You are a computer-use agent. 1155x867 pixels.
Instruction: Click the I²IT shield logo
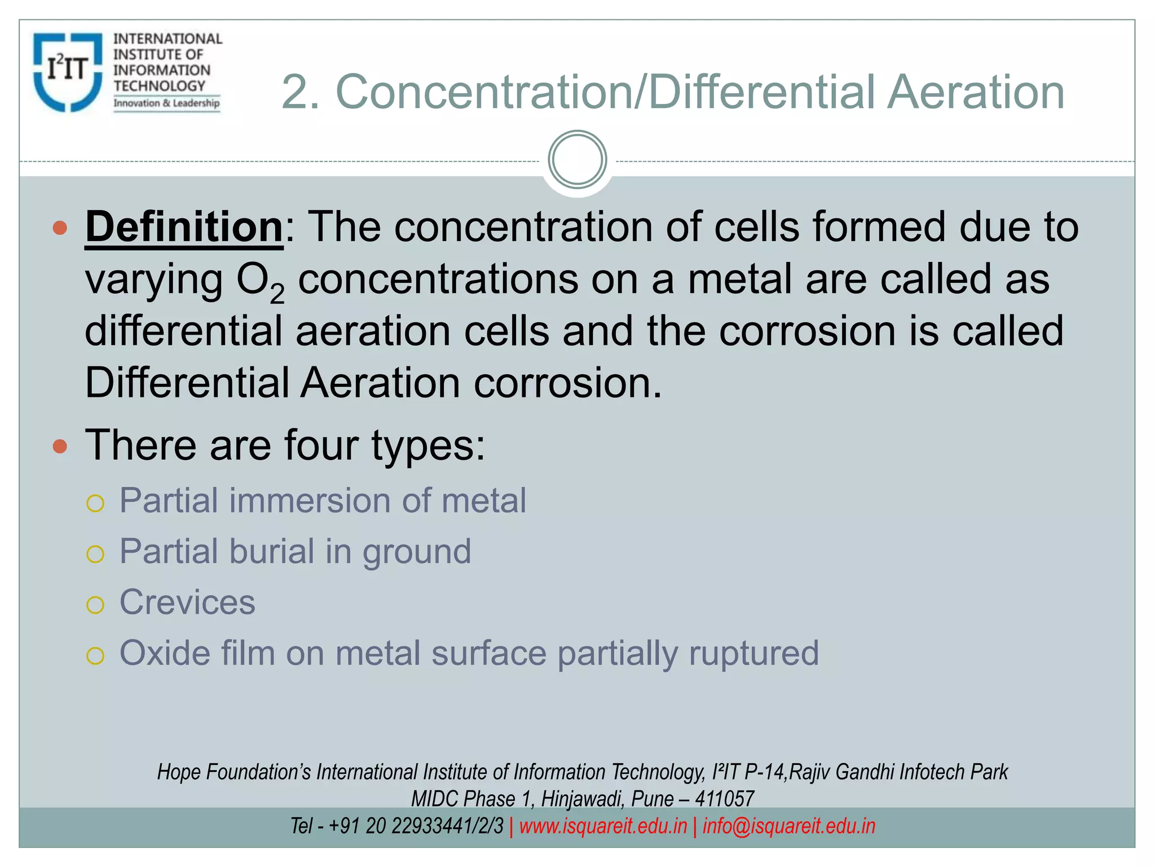tap(68, 72)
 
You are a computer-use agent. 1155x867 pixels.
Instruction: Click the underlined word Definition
tap(184, 227)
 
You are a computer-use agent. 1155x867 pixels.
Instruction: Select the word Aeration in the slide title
tap(976, 92)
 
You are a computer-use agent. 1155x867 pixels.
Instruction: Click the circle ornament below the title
tap(577, 160)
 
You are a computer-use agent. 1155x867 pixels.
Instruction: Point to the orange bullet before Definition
tap(60, 228)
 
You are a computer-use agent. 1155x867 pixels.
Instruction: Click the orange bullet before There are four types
tap(60, 446)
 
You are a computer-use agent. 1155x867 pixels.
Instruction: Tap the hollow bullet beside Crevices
tap(95, 605)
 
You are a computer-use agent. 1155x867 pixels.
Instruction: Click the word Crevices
tap(187, 602)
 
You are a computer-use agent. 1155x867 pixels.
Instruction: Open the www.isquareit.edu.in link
tap(603, 826)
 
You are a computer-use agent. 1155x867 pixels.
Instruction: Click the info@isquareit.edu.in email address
tap(788, 826)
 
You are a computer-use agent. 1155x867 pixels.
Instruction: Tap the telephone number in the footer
tap(415, 826)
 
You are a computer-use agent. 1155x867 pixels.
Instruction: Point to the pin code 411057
tap(724, 799)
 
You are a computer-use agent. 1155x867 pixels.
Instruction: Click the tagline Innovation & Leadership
tap(166, 103)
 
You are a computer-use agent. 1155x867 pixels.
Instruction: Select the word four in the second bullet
tap(321, 445)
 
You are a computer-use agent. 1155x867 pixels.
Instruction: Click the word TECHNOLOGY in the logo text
tap(160, 86)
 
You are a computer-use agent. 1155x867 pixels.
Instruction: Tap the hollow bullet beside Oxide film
tap(95, 656)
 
